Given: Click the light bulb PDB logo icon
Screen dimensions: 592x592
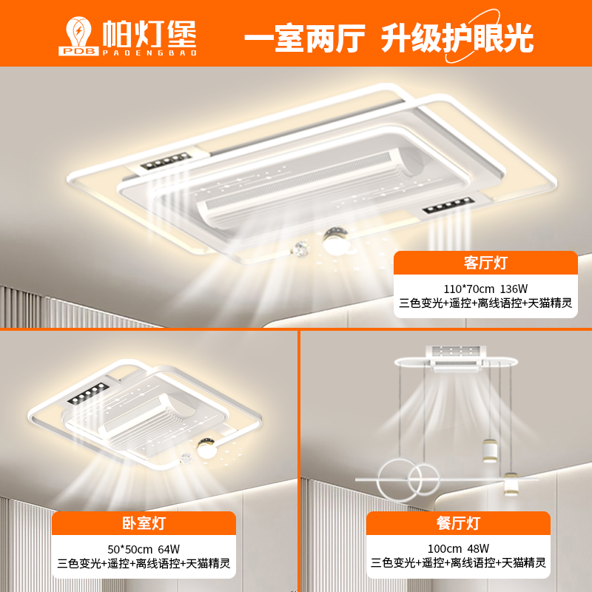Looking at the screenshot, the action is click(78, 36).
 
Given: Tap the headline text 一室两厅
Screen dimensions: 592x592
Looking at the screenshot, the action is click(305, 38).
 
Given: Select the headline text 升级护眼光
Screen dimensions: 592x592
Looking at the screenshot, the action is click(457, 38).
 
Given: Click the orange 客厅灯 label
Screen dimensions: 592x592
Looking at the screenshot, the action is click(485, 263).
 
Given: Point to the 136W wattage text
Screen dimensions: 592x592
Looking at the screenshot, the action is click(514, 289).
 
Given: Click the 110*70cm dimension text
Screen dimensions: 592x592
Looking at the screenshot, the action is click(468, 289).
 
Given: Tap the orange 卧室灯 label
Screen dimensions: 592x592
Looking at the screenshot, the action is click(144, 523).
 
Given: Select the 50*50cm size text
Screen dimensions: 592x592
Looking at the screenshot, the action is click(130, 549).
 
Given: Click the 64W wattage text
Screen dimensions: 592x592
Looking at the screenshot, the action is click(169, 549).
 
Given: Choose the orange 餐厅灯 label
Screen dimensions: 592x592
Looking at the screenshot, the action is click(458, 523).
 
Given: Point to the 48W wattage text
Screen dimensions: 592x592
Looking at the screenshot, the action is click(478, 548).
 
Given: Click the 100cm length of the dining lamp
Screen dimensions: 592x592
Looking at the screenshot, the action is click(445, 548).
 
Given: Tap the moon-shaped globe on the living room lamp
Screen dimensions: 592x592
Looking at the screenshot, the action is click(335, 240).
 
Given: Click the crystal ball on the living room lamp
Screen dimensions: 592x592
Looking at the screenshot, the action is click(301, 249).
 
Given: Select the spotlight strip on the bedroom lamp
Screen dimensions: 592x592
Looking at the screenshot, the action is click(88, 393).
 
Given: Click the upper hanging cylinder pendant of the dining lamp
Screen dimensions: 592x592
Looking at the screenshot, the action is click(490, 450).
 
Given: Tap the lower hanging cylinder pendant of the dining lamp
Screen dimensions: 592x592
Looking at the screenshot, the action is click(510, 484).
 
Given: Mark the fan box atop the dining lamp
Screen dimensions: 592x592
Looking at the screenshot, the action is click(457, 357).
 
